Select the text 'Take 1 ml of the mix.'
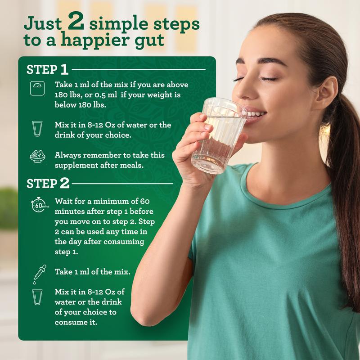(92, 272)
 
